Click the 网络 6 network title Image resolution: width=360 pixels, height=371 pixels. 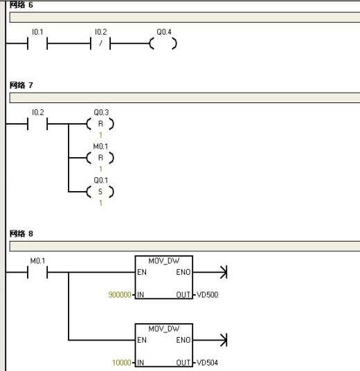tap(21, 5)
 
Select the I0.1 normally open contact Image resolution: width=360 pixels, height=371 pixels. tap(37, 44)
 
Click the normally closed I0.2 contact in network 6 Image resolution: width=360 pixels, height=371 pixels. tap(100, 44)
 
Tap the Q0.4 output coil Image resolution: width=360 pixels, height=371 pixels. tap(163, 44)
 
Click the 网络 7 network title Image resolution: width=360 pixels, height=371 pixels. tap(21, 85)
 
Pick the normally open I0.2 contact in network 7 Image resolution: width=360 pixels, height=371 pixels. tap(37, 124)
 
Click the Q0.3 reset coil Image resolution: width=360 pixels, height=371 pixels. tap(100, 124)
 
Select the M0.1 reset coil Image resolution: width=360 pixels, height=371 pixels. tap(100, 158)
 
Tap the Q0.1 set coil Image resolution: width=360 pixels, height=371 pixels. tap(100, 192)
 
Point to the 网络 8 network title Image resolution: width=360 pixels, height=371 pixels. tap(21, 234)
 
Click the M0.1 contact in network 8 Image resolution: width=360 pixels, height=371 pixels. tap(37, 272)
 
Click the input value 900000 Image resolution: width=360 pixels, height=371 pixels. tap(120, 295)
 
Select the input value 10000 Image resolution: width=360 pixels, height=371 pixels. tap(122, 363)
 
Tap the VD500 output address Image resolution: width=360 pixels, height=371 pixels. tap(207, 295)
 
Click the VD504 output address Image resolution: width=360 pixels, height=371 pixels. tap(207, 363)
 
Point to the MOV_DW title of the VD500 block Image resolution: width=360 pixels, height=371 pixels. tap(164, 261)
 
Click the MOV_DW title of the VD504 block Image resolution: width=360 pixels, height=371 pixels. tap(164, 329)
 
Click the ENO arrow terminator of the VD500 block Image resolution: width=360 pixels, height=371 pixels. tap(224, 272)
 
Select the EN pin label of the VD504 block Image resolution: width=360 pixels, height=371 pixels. tap(142, 340)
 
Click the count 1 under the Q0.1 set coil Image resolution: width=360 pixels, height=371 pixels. tap(100, 203)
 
